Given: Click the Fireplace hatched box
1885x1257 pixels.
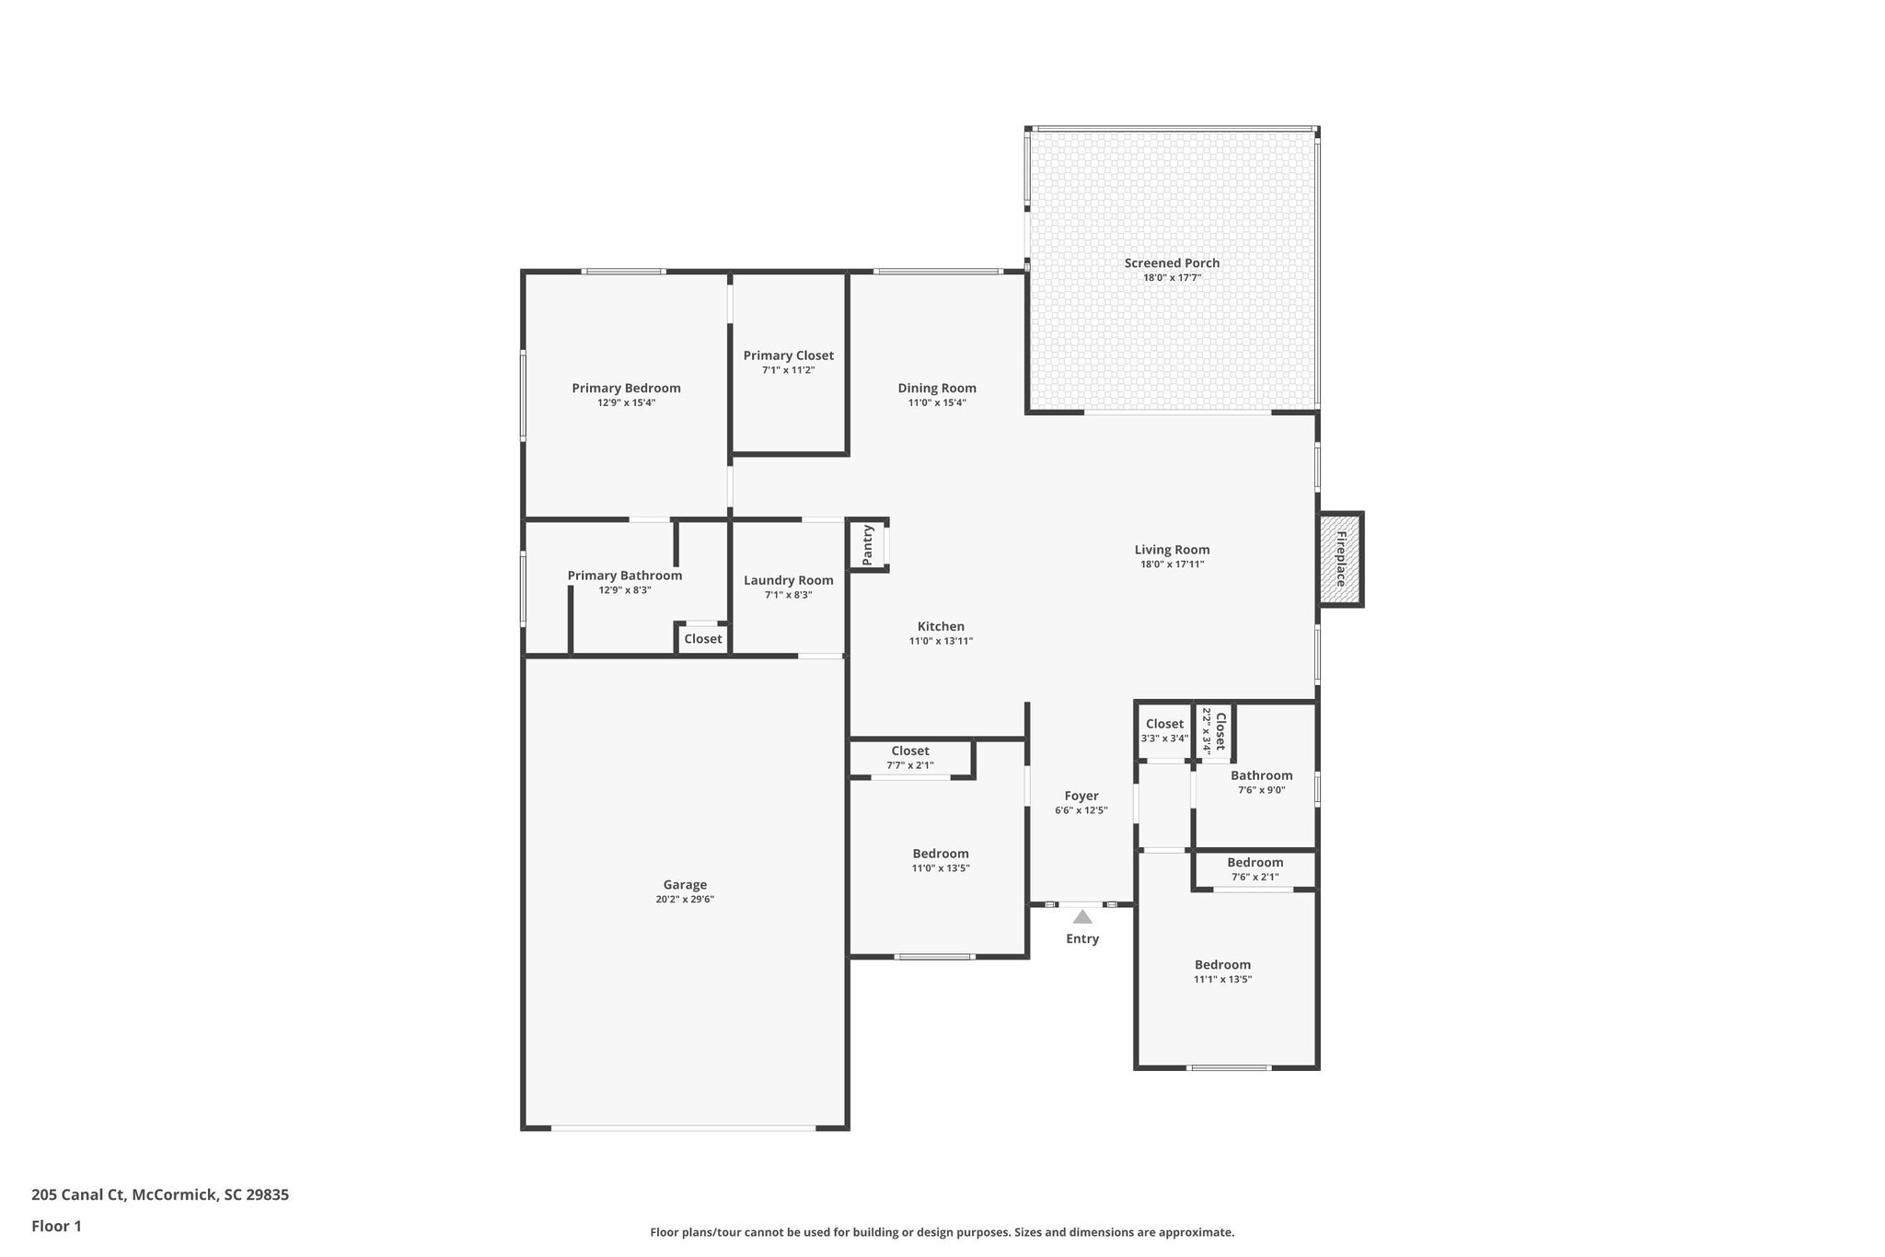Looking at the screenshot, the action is [1340, 559].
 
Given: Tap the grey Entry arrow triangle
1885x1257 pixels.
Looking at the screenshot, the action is [1082, 916].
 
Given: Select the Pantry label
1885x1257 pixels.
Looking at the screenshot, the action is [867, 545].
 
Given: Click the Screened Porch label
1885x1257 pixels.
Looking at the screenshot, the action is [1172, 263].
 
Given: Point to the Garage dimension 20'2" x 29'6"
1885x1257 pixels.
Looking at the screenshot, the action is [685, 900].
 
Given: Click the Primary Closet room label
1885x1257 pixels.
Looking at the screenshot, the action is [789, 355].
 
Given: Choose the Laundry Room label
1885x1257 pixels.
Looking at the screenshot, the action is [789, 580].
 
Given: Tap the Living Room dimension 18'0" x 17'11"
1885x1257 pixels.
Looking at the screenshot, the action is [1172, 564].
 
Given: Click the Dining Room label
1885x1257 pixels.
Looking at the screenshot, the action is [937, 389].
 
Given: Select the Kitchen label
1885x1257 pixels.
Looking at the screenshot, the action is [941, 627].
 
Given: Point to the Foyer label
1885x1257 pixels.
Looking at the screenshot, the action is [1081, 797].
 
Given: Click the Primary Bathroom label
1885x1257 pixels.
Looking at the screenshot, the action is [625, 576].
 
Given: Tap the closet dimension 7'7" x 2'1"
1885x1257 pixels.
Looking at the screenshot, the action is [910, 765].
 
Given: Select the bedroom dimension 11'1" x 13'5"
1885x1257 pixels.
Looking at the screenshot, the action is [1222, 980].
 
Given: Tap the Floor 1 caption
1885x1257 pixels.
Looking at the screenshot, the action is [56, 1227].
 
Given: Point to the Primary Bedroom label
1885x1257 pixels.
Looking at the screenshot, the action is [626, 389].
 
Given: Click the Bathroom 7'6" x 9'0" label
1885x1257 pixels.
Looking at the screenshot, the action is [1261, 776].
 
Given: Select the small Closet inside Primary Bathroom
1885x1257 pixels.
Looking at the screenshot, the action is [703, 639].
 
